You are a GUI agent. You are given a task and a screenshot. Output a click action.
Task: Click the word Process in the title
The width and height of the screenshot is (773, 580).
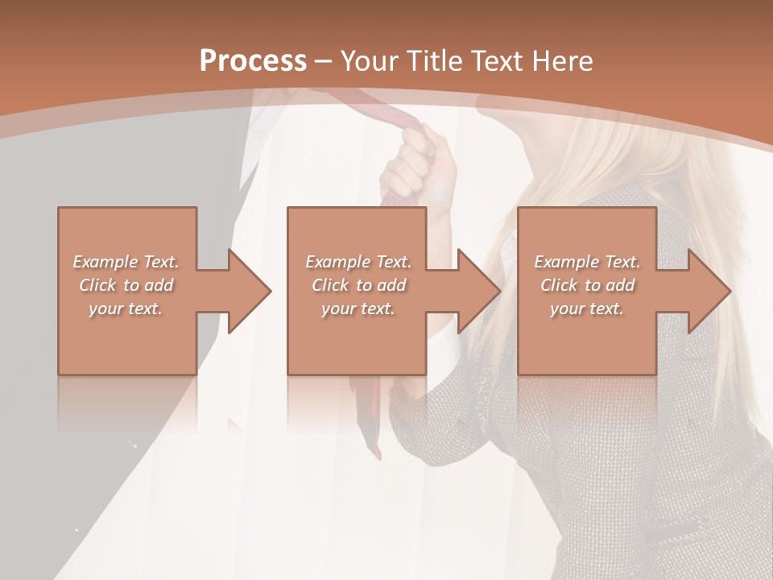(253, 60)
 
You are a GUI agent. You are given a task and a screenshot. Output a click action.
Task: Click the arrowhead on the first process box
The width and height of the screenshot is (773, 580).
(249, 291)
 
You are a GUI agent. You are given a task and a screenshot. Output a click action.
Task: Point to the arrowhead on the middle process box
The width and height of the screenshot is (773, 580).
(478, 291)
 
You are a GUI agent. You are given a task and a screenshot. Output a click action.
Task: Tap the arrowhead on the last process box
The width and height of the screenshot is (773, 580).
(709, 291)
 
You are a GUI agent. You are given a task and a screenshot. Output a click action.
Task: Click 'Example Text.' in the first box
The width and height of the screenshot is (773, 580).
(126, 262)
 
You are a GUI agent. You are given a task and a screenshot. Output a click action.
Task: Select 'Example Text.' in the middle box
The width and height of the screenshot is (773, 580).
(358, 262)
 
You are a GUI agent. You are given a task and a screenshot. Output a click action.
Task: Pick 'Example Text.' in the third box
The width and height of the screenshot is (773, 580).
(587, 262)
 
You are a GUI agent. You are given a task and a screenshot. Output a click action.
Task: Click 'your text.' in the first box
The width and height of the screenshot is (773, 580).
(126, 309)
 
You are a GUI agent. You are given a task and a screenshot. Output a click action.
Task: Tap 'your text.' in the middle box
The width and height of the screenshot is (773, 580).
(358, 309)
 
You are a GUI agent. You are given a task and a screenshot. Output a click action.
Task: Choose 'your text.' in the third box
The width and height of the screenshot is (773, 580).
(586, 309)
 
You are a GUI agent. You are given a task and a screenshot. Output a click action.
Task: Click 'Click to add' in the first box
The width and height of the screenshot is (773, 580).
(126, 285)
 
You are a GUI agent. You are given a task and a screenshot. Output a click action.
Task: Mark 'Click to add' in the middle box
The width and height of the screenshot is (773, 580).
(358, 285)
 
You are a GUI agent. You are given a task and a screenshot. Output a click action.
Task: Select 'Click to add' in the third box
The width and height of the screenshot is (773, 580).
(587, 285)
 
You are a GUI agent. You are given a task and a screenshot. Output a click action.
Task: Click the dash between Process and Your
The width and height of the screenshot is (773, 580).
(324, 61)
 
